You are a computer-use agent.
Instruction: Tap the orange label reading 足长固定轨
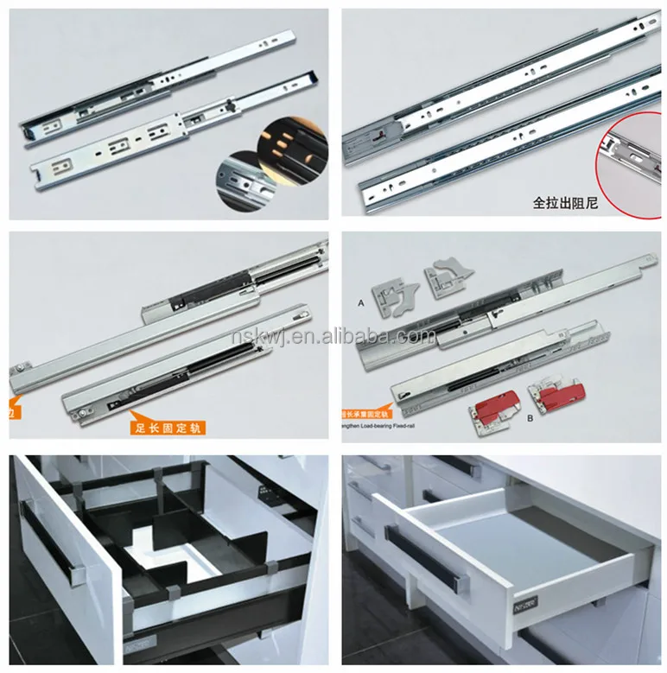tap(168, 425)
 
